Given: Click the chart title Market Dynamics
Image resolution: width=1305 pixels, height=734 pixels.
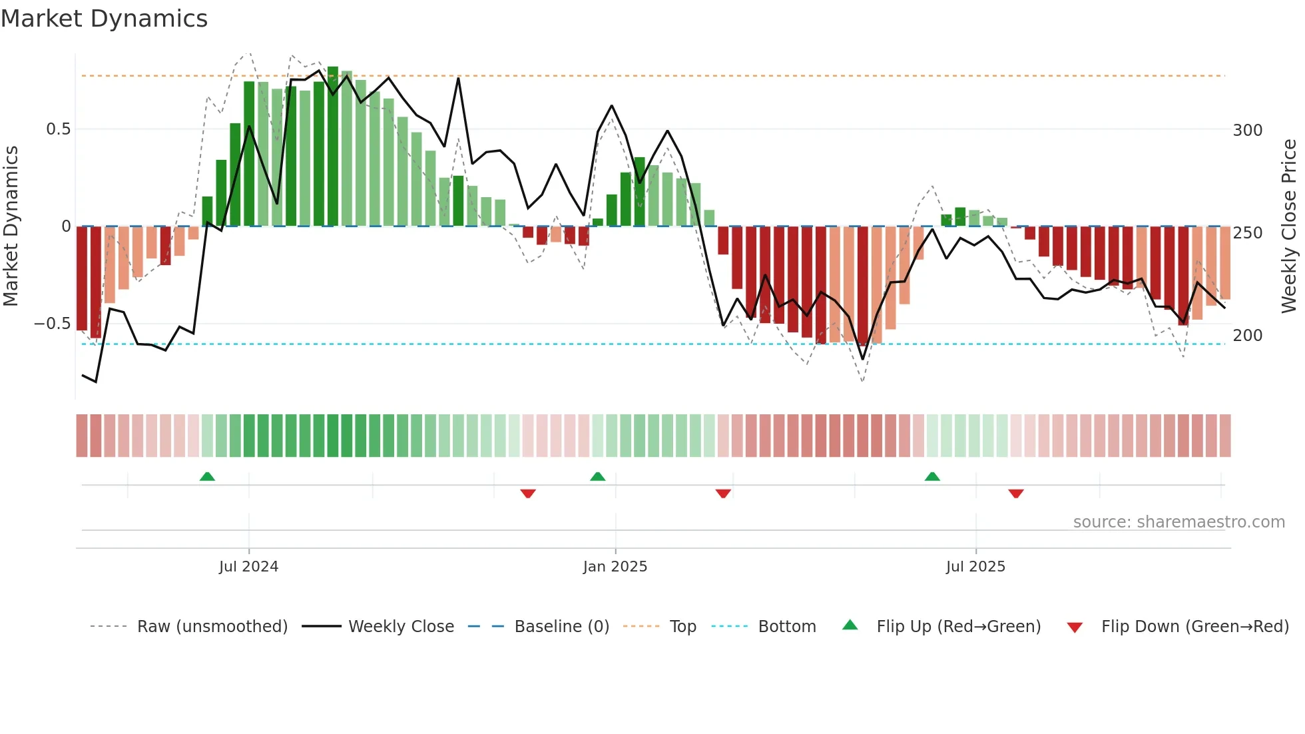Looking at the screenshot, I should pyautogui.click(x=105, y=19).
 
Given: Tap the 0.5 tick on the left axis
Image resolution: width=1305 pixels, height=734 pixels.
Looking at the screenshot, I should pyautogui.click(x=58, y=129).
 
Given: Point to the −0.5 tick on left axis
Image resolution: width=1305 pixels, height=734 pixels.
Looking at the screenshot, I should pyautogui.click(x=53, y=324).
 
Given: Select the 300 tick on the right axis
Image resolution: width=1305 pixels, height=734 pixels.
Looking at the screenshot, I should pyautogui.click(x=1247, y=131).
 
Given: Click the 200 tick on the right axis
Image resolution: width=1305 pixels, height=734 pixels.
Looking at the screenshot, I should pyautogui.click(x=1247, y=336).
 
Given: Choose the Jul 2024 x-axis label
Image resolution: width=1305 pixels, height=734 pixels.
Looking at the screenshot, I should pyautogui.click(x=248, y=567).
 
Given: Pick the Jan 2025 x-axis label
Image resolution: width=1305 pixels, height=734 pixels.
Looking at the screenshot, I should pyautogui.click(x=615, y=567).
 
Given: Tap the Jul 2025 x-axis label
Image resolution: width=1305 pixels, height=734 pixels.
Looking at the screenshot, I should pyautogui.click(x=975, y=567).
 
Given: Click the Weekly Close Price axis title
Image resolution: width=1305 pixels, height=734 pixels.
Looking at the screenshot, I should pyautogui.click(x=1289, y=226).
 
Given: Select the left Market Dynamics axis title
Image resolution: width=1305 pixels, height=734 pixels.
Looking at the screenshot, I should pyautogui.click(x=11, y=226).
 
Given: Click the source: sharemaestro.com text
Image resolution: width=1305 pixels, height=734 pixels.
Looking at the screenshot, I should pyautogui.click(x=1178, y=522).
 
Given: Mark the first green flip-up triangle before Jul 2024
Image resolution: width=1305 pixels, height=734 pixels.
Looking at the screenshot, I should pyautogui.click(x=207, y=476).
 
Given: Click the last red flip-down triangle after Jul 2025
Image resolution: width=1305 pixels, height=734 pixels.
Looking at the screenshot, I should pyautogui.click(x=1015, y=494).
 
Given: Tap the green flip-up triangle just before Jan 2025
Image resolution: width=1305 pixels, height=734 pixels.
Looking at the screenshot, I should pyautogui.click(x=597, y=476).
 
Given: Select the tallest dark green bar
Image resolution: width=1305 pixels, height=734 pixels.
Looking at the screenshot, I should pyautogui.click(x=333, y=147).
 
